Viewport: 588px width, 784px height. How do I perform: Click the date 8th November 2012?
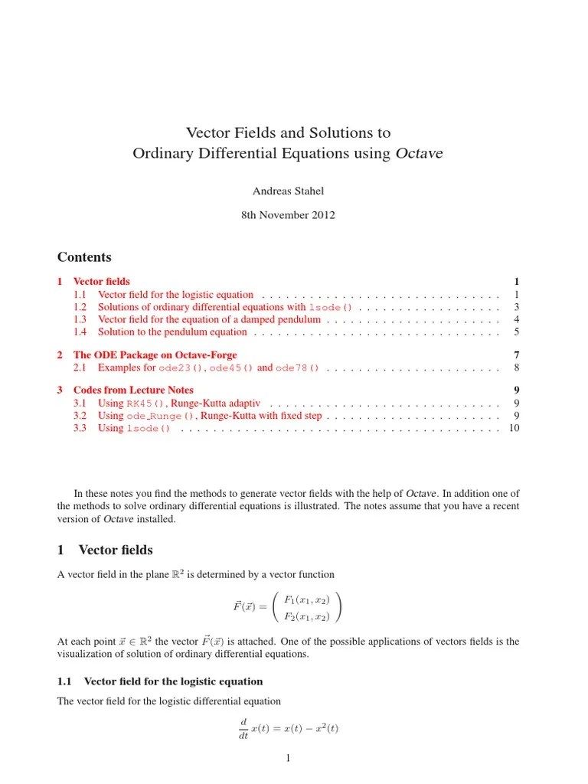coord(288,215)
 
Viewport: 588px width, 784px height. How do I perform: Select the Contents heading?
coord(84,257)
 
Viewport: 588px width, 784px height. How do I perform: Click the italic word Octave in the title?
coord(420,154)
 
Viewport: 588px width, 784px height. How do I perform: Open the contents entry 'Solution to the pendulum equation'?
coord(172,332)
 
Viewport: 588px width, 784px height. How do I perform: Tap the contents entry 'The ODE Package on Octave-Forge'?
coord(155,355)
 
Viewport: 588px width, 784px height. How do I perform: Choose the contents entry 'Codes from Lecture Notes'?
coord(133,390)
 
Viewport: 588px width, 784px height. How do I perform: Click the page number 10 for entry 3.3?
coord(514,428)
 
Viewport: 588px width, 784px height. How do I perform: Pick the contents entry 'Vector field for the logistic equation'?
coord(175,295)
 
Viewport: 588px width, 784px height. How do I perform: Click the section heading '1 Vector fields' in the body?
coord(105,550)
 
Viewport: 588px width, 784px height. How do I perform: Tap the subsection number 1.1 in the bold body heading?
coord(64,681)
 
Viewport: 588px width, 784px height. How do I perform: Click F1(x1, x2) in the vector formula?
coord(306,599)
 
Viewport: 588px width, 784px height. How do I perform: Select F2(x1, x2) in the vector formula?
coord(306,616)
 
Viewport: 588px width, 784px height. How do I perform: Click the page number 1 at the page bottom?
coord(288,759)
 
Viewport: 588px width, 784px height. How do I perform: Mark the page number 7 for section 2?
coord(517,355)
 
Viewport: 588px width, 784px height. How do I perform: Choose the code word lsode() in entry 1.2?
coord(330,308)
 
